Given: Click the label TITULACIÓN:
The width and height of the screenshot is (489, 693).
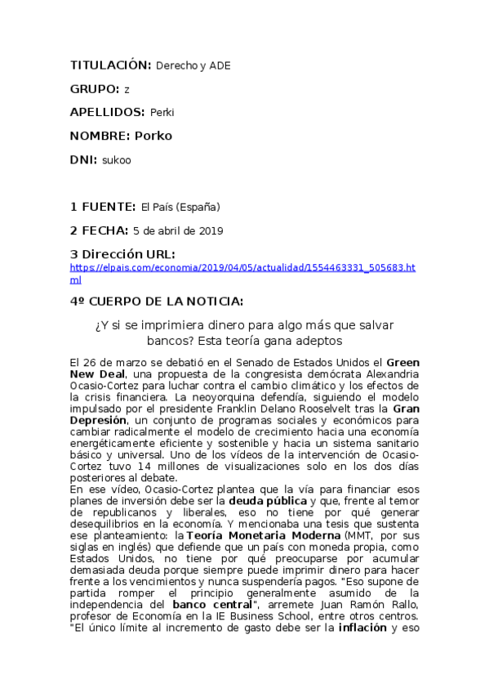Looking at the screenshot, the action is [x=111, y=65].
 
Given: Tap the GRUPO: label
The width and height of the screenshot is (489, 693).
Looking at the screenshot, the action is [x=95, y=88].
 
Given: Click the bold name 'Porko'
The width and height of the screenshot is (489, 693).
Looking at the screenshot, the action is [x=153, y=135].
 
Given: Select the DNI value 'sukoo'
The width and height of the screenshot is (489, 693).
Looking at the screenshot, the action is [x=117, y=160].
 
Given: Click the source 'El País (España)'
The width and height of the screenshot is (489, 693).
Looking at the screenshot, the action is [x=180, y=207].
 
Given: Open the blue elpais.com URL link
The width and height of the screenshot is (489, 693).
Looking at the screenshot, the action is [x=242, y=267].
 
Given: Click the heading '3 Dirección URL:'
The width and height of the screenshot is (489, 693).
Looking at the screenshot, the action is [x=122, y=254].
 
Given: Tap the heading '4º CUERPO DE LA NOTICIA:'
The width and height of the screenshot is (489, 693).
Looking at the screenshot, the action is [x=156, y=301].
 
